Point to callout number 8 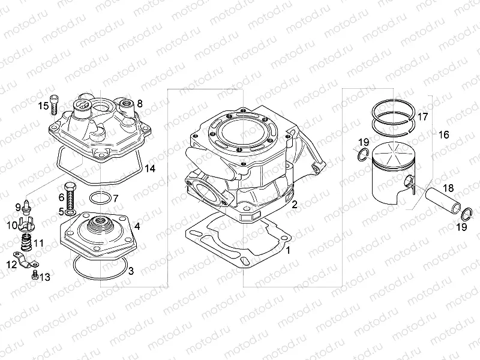139,103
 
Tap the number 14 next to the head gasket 150,169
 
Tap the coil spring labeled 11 26,244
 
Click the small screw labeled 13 35,275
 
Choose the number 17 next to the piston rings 422,116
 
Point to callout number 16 443,134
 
